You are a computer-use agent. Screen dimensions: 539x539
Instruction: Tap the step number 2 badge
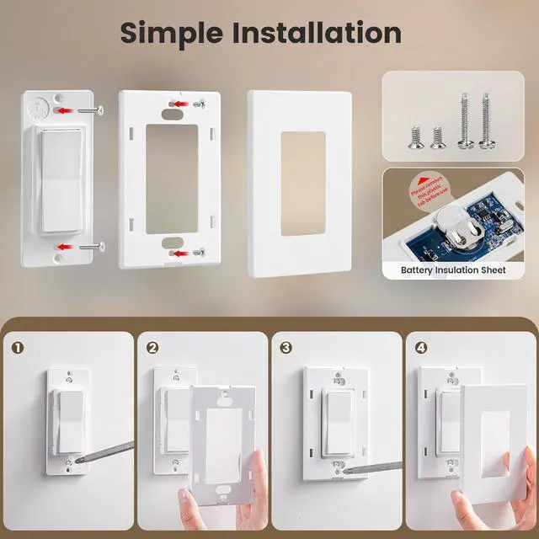[x=152, y=347]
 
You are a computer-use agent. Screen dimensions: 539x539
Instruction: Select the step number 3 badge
[x=286, y=347]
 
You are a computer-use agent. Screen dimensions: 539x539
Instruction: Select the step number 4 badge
[x=421, y=347]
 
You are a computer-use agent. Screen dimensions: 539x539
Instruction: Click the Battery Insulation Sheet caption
[x=453, y=270]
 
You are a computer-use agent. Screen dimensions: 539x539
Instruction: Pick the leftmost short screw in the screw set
[x=414, y=136]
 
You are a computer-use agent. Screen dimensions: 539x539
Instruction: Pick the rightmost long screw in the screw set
[x=486, y=121]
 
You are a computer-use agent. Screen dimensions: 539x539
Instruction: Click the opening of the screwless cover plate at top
[x=302, y=183]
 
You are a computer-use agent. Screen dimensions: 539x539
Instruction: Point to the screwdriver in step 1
[x=105, y=453]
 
